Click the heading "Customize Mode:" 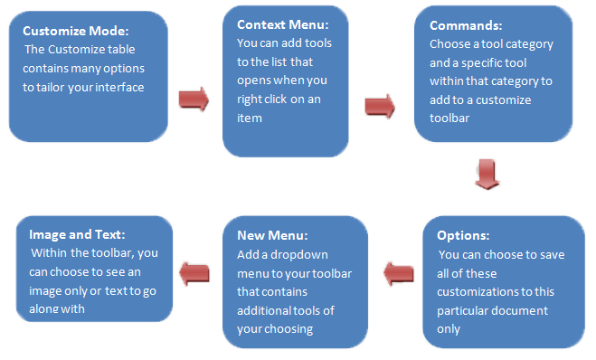coord(76,31)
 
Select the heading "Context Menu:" coord(283,24)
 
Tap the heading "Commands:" coord(466,25)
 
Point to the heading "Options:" coord(463,235)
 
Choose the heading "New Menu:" coord(272,235)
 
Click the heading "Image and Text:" coord(77,234)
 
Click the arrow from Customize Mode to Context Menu coord(194,99)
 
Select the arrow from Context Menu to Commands coord(380,107)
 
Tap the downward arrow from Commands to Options coord(487,174)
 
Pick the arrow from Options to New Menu coord(398,273)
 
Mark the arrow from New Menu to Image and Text coord(194,273)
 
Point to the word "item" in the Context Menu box coord(250,118)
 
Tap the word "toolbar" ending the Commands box coord(449,118)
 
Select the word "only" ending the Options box coord(449,329)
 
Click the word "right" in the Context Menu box coord(249,99)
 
